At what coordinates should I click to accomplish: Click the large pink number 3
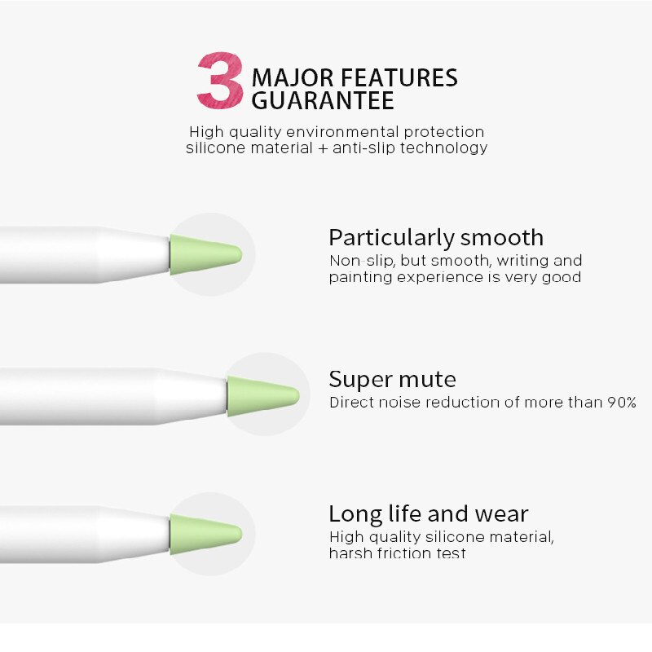(x=220, y=81)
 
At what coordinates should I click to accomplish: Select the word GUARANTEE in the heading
(x=323, y=101)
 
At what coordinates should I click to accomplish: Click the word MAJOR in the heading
(x=292, y=78)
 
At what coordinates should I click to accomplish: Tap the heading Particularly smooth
(x=436, y=238)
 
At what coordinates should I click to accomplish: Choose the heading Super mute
(x=392, y=379)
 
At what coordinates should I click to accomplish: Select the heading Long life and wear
(x=429, y=514)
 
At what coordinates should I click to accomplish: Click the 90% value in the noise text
(x=621, y=403)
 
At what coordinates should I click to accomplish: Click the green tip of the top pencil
(x=204, y=253)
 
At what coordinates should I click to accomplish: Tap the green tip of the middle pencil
(x=261, y=396)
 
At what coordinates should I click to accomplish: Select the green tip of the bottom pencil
(x=204, y=535)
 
